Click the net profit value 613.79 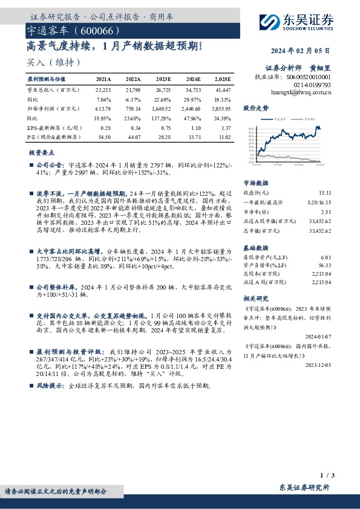pyautogui.click(x=104, y=109)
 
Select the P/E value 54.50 pyautogui.click(x=104, y=138)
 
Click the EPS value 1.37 pyautogui.click(x=225, y=128)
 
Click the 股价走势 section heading pyautogui.click(x=255, y=108)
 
